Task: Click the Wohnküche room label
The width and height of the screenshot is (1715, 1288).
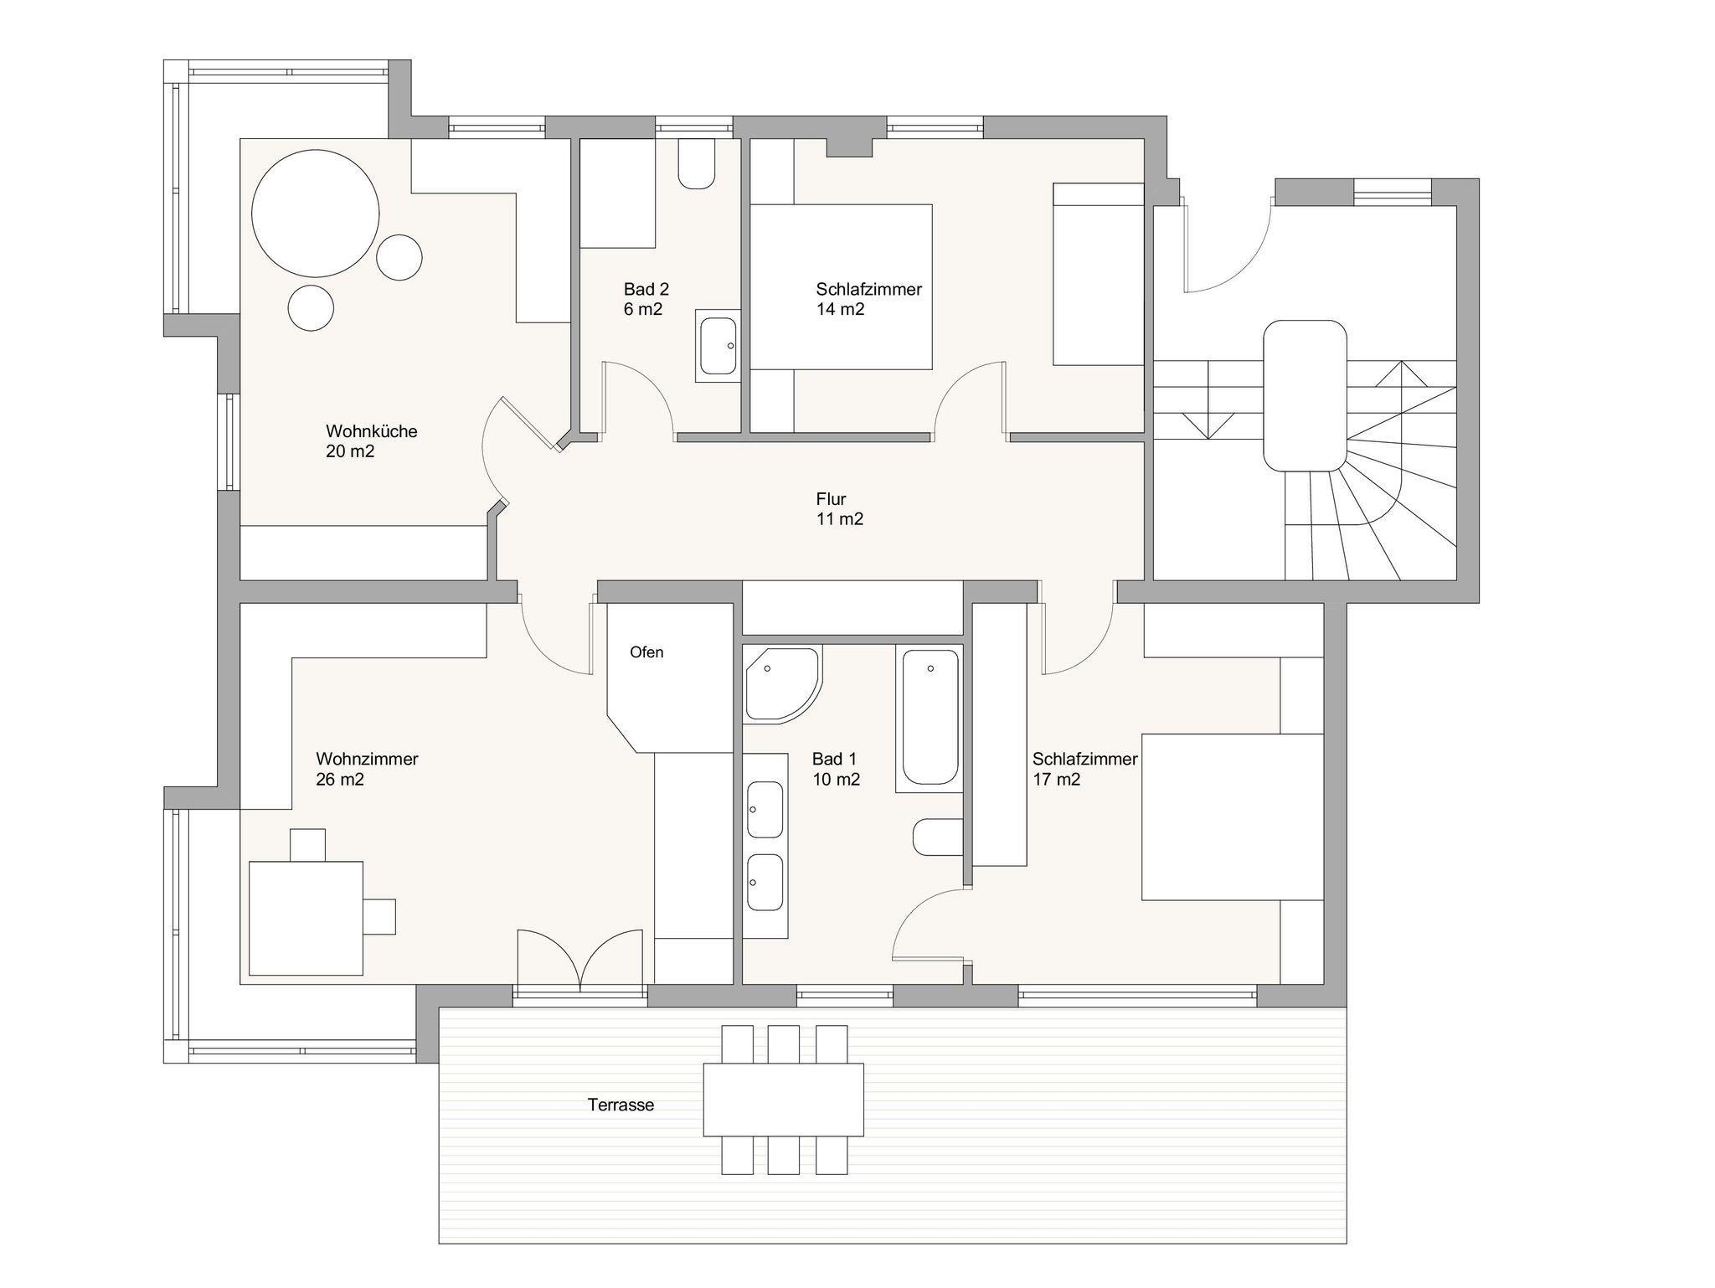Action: coord(371,431)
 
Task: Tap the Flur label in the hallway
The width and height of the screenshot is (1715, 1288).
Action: coord(831,499)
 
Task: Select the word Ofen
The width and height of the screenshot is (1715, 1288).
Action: coord(646,652)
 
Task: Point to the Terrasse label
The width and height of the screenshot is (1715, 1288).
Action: coord(621,1105)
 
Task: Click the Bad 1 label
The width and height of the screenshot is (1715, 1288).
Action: coord(834,760)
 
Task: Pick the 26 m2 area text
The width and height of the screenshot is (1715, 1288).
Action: coord(340,780)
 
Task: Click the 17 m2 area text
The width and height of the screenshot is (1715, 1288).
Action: coord(1056,780)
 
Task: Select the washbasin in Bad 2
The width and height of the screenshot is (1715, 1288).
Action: coord(718,345)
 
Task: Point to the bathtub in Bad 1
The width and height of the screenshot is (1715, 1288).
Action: coord(929,718)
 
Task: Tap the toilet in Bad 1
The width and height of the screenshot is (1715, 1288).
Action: coord(938,837)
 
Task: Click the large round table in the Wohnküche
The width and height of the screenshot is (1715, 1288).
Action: coord(315,214)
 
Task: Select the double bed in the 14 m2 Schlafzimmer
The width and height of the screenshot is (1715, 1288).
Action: coord(841,286)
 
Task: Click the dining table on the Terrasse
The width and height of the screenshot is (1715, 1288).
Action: coord(783,1099)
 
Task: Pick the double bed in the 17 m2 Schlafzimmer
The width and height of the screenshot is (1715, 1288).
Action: coord(1233,817)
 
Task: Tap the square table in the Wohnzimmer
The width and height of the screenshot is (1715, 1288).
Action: coord(306,918)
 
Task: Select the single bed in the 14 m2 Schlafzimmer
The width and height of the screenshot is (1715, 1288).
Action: coord(1098,274)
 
